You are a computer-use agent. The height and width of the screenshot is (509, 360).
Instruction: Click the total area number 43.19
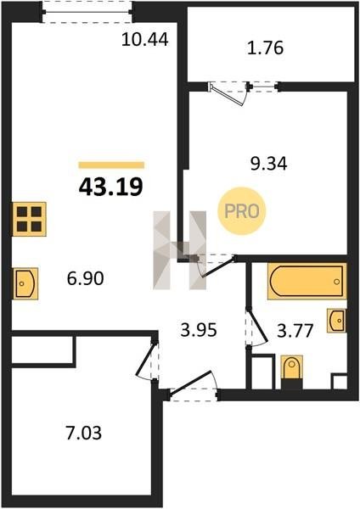(110, 187)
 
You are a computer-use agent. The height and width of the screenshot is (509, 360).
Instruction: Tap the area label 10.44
(145, 40)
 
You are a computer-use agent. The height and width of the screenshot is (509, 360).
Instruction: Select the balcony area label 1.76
(266, 48)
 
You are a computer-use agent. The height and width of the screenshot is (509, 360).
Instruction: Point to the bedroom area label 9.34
(268, 164)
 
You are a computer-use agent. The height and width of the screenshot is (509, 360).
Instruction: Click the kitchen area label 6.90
(86, 278)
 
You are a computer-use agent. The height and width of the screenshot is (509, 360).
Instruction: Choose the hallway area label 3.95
(199, 331)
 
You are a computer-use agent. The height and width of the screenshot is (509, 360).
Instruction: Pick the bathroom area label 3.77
(295, 331)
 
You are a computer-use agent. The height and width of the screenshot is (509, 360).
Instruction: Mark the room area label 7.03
(84, 433)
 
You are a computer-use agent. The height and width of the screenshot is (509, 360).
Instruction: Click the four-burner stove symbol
(29, 219)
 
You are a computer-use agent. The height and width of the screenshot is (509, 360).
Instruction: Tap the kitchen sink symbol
(25, 283)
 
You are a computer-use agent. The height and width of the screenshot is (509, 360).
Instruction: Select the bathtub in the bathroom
(307, 281)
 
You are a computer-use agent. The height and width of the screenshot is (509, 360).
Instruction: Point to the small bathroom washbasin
(336, 321)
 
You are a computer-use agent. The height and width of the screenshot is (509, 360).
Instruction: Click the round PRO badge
(242, 211)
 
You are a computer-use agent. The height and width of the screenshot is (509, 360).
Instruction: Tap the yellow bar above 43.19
(111, 165)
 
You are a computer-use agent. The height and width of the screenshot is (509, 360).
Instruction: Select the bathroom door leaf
(258, 326)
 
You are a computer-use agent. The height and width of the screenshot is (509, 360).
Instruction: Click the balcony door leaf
(227, 95)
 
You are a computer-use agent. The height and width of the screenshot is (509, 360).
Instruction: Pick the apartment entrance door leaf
(191, 383)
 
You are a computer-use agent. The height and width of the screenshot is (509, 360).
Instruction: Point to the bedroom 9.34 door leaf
(218, 267)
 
